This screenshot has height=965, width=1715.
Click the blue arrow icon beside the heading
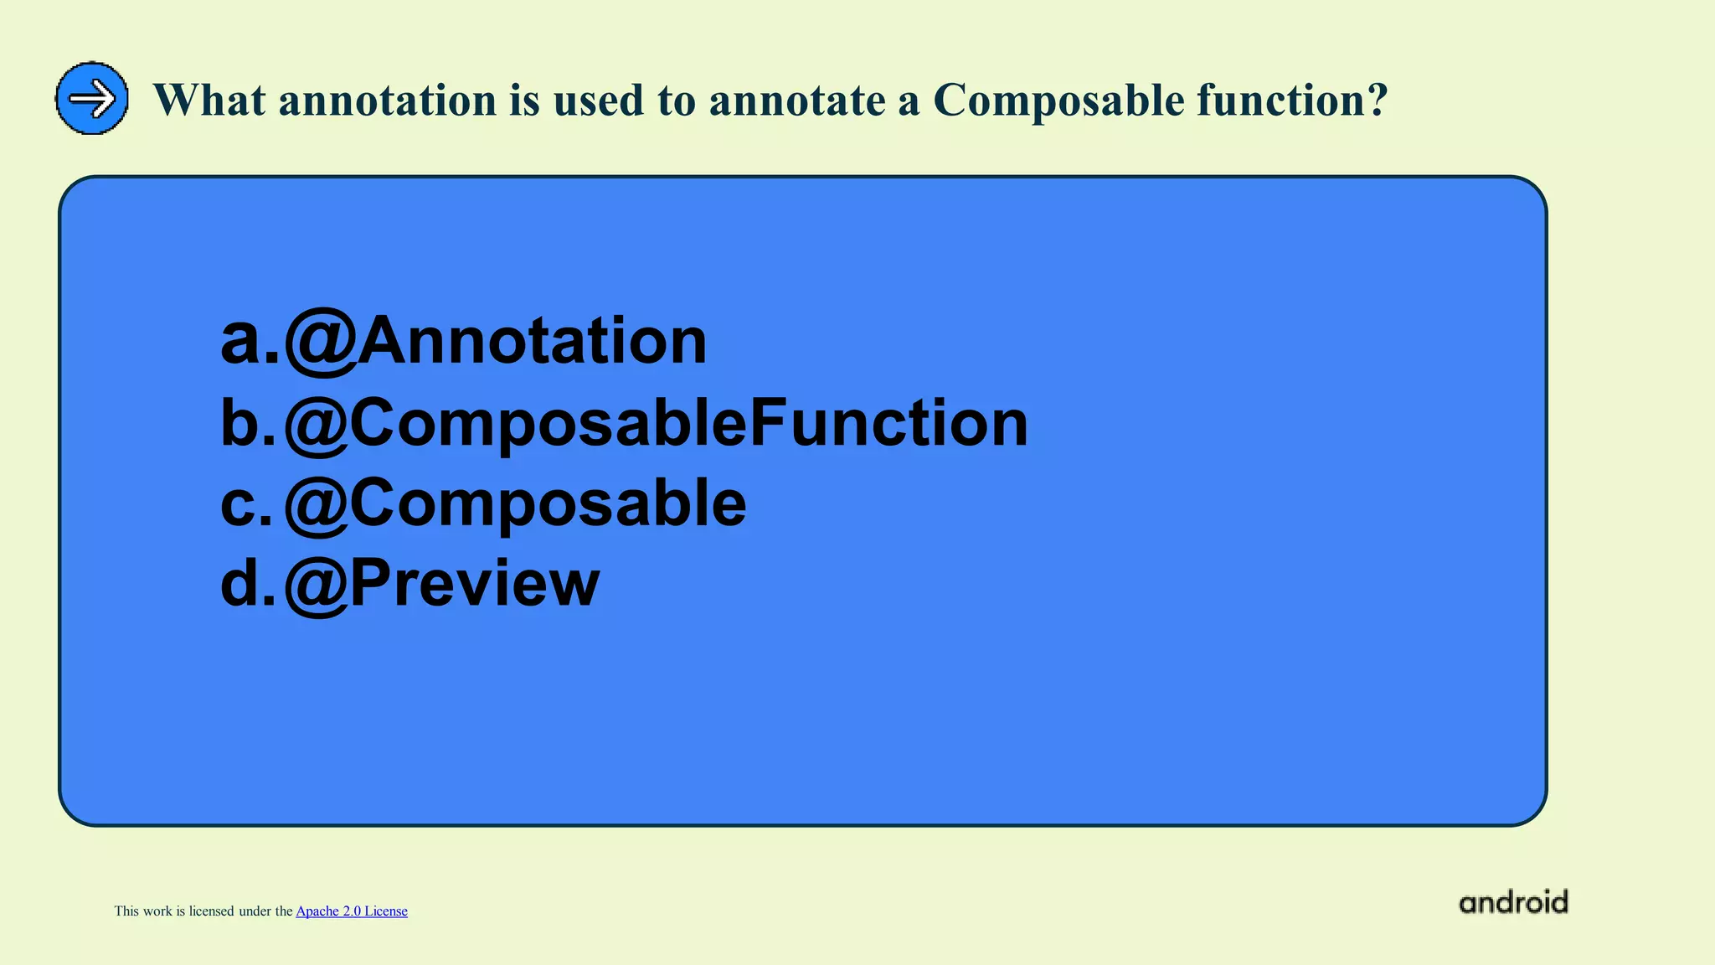pyautogui.click(x=92, y=99)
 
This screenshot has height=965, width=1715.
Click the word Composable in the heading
pyautogui.click(x=1058, y=101)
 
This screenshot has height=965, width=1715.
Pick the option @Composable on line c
pyautogui.click(x=515, y=503)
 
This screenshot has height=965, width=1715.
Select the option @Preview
pyautogui.click(x=441, y=584)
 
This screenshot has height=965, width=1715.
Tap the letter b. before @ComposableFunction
pyautogui.click(x=248, y=423)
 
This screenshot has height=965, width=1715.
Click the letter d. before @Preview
pyautogui.click(x=248, y=584)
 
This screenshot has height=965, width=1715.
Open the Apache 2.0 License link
pyautogui.click(x=352, y=911)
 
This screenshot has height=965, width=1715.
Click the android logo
pyautogui.click(x=1513, y=902)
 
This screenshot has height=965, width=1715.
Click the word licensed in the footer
pyautogui.click(x=211, y=911)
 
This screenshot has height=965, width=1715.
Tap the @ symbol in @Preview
pyautogui.click(x=317, y=586)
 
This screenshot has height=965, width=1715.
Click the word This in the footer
pyautogui.click(x=126, y=911)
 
